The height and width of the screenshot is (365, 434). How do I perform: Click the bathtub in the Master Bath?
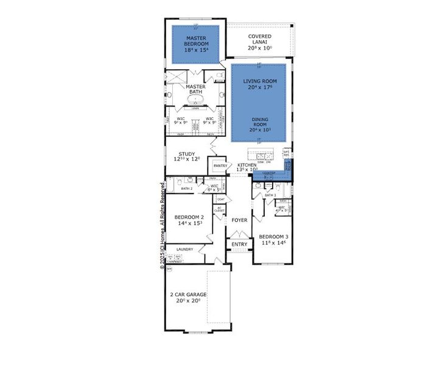click(x=196, y=100)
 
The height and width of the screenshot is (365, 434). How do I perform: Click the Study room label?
click(x=186, y=156)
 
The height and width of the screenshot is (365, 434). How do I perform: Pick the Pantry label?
click(x=220, y=165)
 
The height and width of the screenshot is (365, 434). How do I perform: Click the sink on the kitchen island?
click(x=261, y=155)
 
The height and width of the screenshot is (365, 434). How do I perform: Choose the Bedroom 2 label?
click(x=189, y=220)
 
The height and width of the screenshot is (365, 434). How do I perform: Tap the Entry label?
click(x=239, y=245)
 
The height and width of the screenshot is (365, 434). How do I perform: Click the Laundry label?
click(x=184, y=249)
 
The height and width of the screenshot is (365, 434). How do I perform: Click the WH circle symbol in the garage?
click(x=170, y=268)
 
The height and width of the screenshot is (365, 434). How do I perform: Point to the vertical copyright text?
click(x=163, y=225)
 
